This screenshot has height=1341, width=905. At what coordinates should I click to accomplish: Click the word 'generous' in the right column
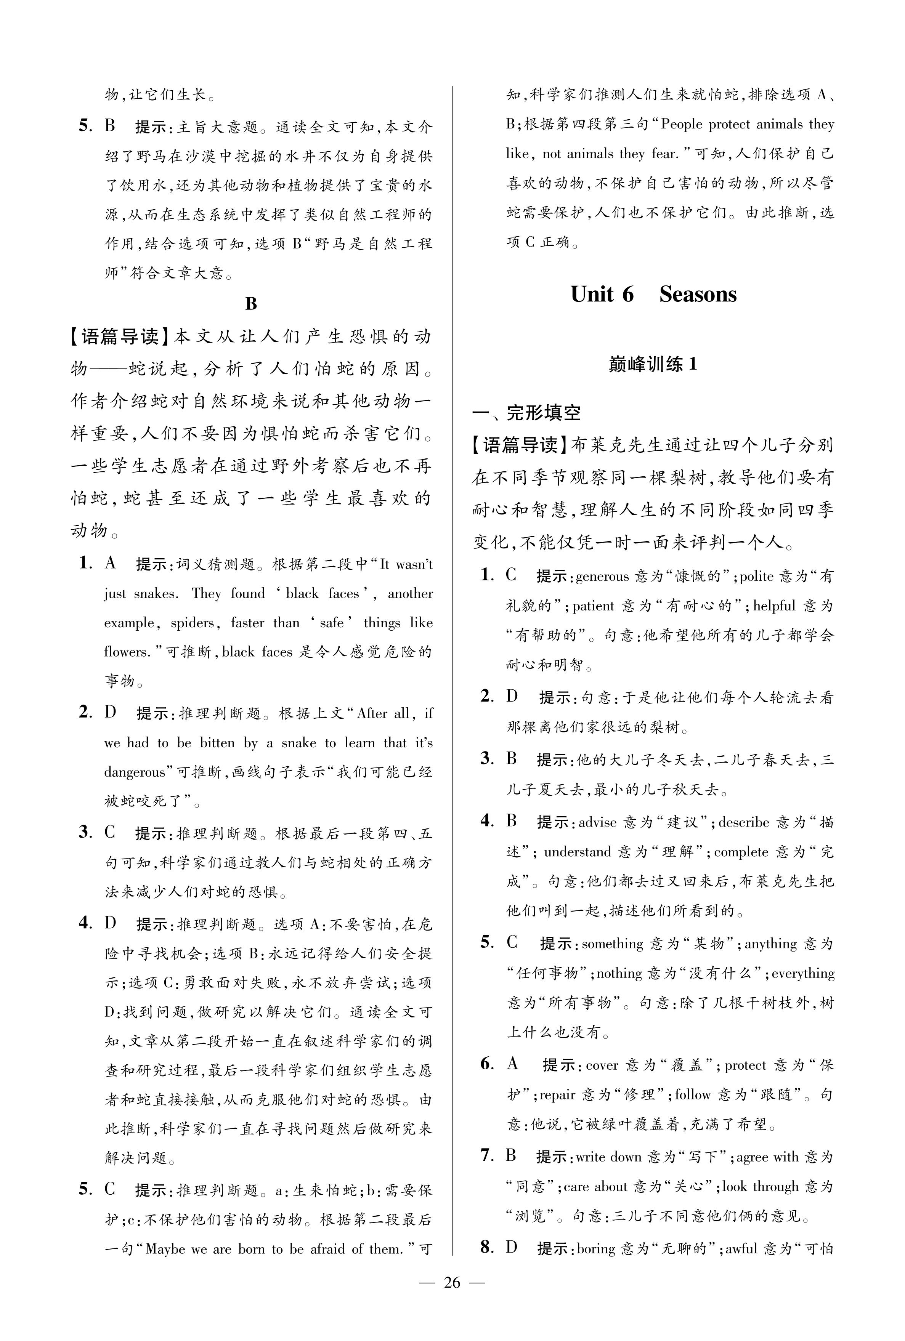[x=602, y=576]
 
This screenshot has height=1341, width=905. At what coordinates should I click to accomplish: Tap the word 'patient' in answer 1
[x=593, y=606]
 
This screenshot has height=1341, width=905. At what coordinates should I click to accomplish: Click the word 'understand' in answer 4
[x=577, y=852]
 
